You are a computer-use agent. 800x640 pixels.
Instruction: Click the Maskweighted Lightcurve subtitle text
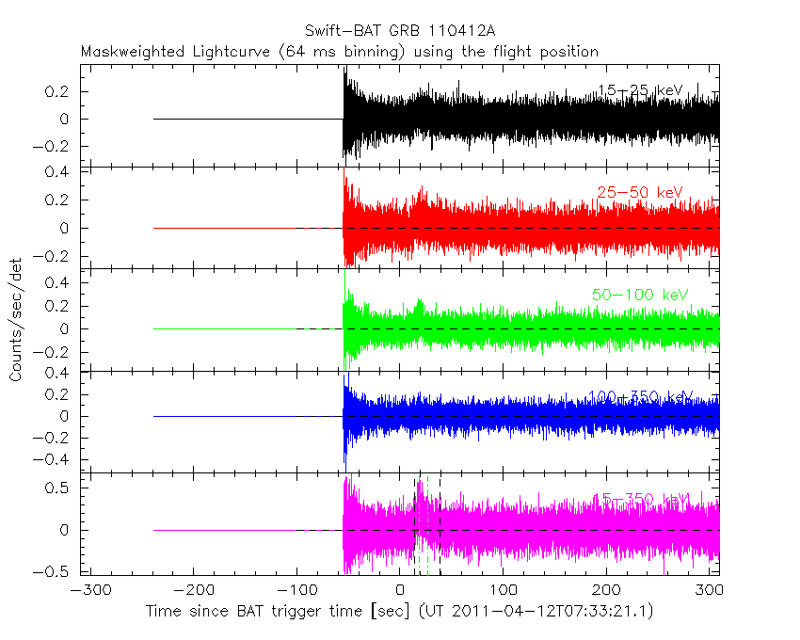(340, 52)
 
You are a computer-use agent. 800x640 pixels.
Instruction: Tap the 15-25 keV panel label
(640, 90)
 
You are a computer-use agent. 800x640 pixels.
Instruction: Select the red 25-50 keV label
(639, 193)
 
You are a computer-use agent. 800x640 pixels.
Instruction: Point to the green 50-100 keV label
(640, 295)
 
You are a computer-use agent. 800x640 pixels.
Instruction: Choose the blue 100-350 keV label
(640, 396)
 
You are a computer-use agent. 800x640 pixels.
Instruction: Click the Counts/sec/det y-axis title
(16, 320)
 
